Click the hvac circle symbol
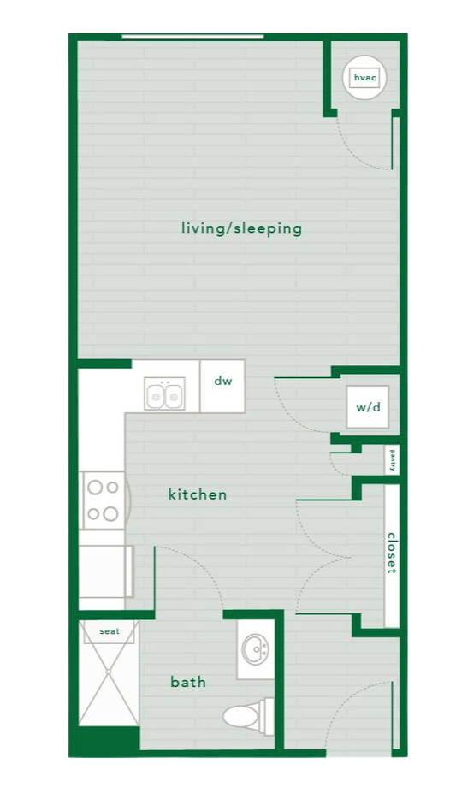(x=364, y=78)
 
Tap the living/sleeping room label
(x=241, y=228)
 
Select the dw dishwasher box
(x=222, y=382)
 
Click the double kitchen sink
(x=165, y=395)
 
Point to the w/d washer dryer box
(x=368, y=407)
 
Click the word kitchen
(x=198, y=494)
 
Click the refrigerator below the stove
(x=104, y=571)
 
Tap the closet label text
(x=392, y=553)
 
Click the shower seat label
(x=110, y=631)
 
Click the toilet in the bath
(x=248, y=713)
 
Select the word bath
(x=188, y=682)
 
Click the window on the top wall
(x=192, y=36)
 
